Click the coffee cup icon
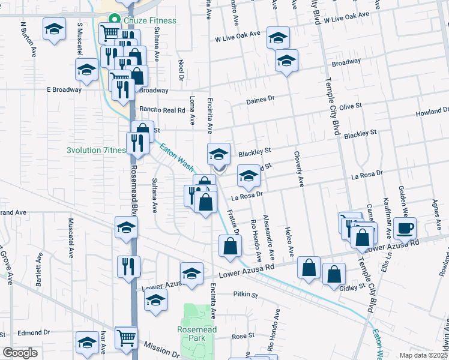(x=405, y=228)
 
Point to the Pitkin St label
(x=245, y=295)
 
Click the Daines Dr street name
(x=260, y=100)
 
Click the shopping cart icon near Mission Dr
(x=126, y=338)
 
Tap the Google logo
(x=20, y=353)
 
